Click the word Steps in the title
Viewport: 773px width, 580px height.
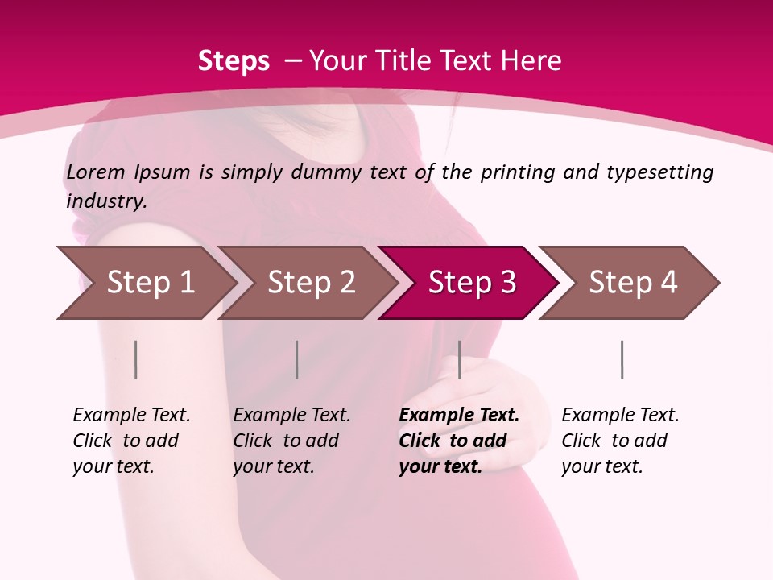pyautogui.click(x=234, y=61)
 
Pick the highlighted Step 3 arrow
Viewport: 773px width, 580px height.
pyautogui.click(x=470, y=283)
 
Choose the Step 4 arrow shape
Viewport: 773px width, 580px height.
pyautogui.click(x=631, y=283)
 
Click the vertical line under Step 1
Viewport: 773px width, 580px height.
pyautogui.click(x=136, y=359)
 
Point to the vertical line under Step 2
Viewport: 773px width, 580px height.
pyautogui.click(x=297, y=359)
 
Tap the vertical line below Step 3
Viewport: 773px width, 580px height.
pyautogui.click(x=459, y=359)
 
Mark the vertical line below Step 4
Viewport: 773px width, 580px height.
pyautogui.click(x=622, y=359)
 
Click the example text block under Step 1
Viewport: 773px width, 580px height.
pyautogui.click(x=131, y=441)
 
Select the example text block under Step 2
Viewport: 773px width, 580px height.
pyautogui.click(x=291, y=441)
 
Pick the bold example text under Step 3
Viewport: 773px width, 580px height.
pyautogui.click(x=459, y=441)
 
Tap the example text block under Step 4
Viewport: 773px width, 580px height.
pyautogui.click(x=620, y=441)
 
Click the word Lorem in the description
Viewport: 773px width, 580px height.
pyautogui.click(x=96, y=172)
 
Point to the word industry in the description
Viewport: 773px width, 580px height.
pyautogui.click(x=106, y=201)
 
